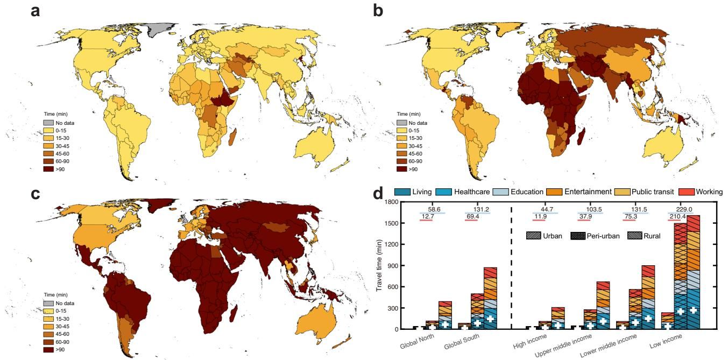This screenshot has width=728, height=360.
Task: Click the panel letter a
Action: click(35, 11)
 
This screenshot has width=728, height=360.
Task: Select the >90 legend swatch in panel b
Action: click(401, 169)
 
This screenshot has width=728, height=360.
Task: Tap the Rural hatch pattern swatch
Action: click(634, 236)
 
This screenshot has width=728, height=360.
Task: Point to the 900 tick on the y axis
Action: click(392, 266)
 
